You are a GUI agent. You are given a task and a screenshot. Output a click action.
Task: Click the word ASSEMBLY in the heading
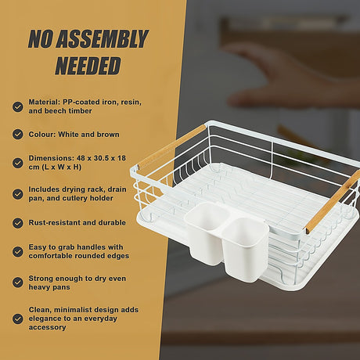tap(103, 39)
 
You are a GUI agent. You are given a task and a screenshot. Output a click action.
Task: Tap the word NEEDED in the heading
tap(88, 66)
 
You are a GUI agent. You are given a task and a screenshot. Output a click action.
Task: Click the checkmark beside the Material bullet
tap(18, 106)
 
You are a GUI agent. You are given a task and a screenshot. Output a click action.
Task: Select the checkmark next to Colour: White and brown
tap(18, 134)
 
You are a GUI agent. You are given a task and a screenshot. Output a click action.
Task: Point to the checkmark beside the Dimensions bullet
tap(18, 163)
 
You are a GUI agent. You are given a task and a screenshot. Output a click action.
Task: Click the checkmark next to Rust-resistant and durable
tap(18, 223)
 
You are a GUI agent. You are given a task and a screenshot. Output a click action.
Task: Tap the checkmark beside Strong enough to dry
tap(18, 283)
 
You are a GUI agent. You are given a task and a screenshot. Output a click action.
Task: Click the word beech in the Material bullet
tap(55, 111)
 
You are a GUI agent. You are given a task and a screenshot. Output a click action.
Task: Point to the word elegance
tap(45, 319)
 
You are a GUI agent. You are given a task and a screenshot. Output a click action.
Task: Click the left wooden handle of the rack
tap(172, 146)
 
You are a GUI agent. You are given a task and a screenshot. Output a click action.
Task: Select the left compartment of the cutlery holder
tap(206, 232)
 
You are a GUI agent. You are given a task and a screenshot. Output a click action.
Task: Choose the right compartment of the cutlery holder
tap(245, 249)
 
